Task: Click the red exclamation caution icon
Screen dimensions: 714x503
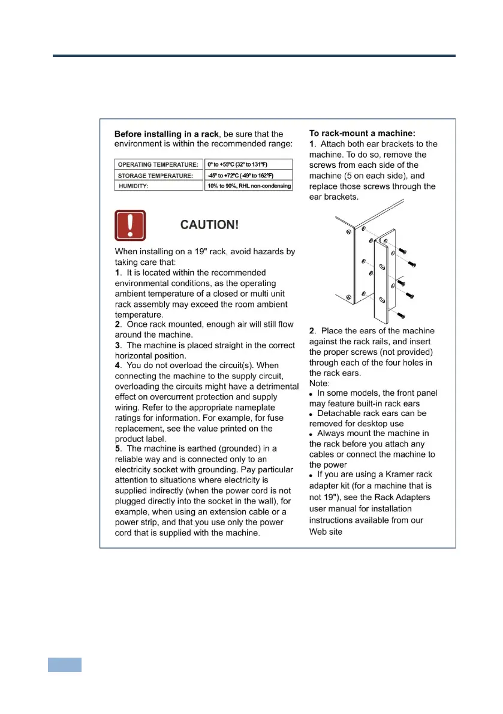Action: tap(130, 225)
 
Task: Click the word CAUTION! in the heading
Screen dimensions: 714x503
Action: tap(210, 225)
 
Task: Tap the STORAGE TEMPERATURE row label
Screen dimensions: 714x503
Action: tap(156, 175)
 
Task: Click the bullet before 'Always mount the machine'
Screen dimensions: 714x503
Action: tap(312, 434)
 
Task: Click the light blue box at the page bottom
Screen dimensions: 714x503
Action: tap(65, 664)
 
